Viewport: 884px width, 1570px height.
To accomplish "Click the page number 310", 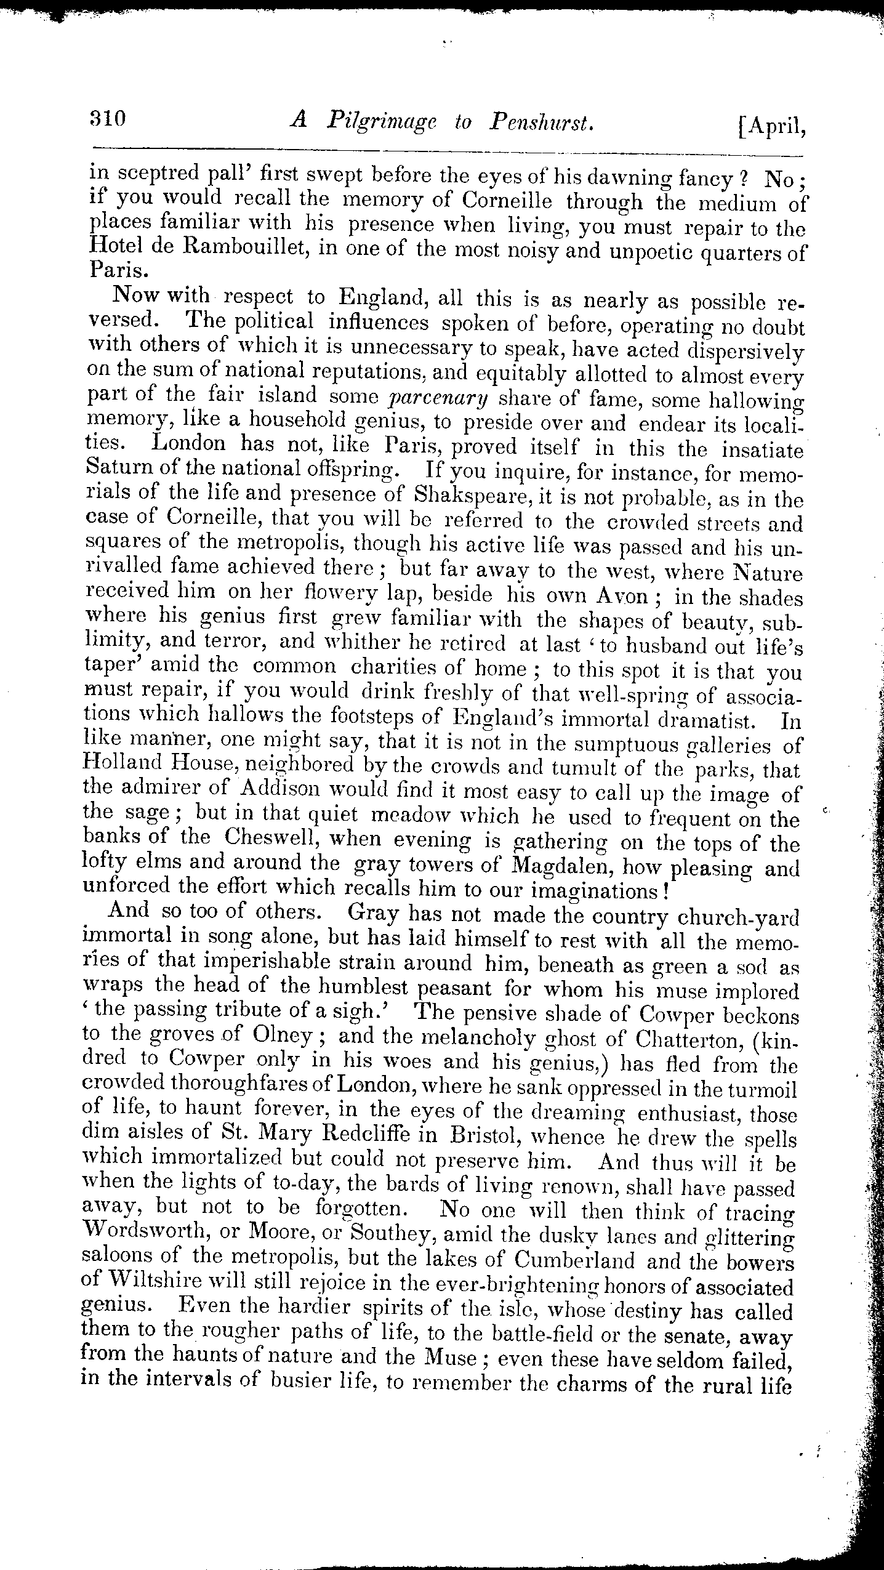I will click(x=106, y=118).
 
